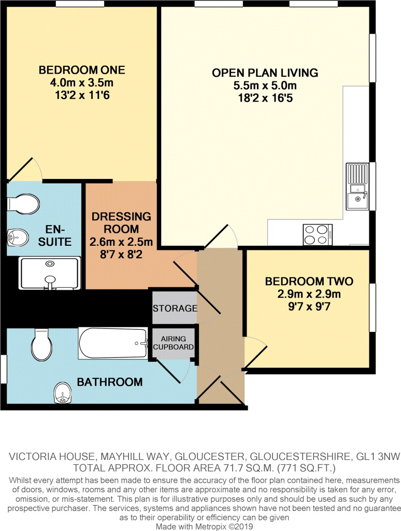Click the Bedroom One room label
(x=82, y=70)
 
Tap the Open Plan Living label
(x=265, y=73)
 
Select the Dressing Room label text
(x=121, y=222)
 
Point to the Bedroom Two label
(x=309, y=282)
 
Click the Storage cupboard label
(x=175, y=309)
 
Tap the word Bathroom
(x=110, y=382)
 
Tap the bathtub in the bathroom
(x=113, y=343)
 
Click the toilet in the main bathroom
(x=40, y=344)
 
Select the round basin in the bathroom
(x=63, y=393)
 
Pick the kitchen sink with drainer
(x=357, y=186)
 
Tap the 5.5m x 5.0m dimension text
(x=265, y=86)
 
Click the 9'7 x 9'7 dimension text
(x=309, y=306)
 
